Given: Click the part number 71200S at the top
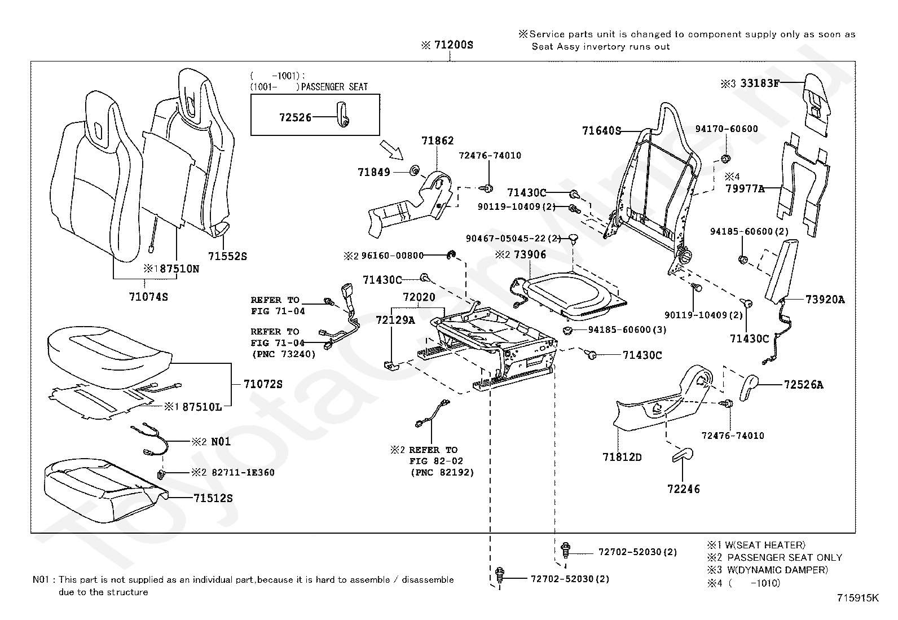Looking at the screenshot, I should [x=453, y=45].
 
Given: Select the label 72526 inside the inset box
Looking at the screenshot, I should [x=295, y=117].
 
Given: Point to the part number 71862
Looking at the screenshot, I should [x=437, y=140].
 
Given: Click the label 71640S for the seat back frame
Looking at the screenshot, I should [x=601, y=131].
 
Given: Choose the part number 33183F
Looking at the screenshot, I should [x=760, y=83].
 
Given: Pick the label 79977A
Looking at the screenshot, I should [x=745, y=188].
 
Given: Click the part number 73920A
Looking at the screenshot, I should [x=825, y=300].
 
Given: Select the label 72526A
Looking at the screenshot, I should [x=803, y=385].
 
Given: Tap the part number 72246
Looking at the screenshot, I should [x=683, y=489].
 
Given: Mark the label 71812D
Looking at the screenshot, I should [x=622, y=456].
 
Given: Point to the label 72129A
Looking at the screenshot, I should [x=395, y=320].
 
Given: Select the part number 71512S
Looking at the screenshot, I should [x=213, y=498].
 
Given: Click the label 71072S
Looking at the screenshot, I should [x=263, y=384].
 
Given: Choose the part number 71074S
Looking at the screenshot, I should [x=148, y=296].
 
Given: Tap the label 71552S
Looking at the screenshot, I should [x=227, y=256].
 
